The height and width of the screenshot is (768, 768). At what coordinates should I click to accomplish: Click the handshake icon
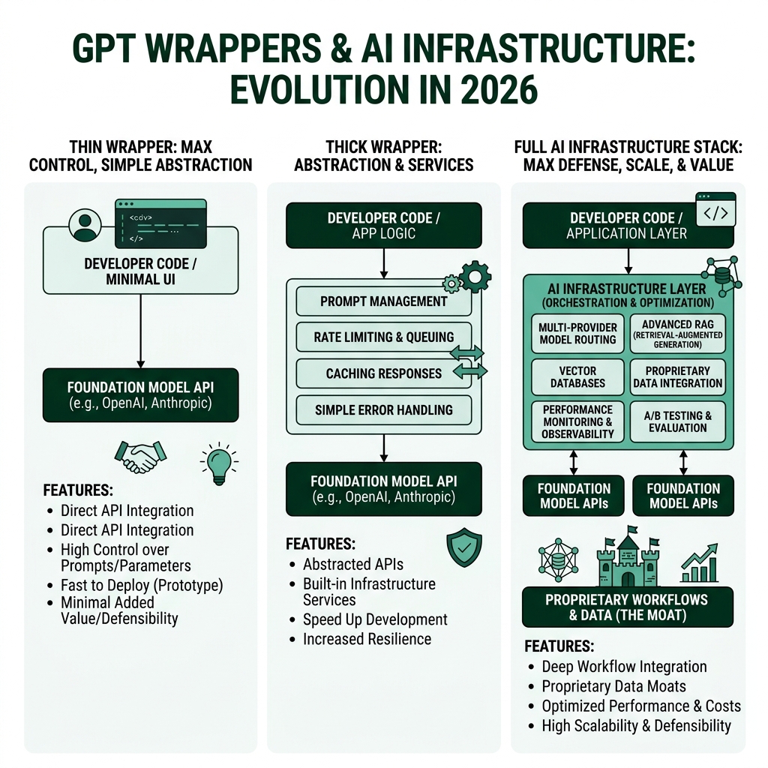(x=140, y=456)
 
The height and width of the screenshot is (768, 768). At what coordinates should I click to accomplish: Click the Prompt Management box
(x=383, y=301)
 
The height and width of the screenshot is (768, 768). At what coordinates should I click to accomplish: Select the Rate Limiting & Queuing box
(x=383, y=337)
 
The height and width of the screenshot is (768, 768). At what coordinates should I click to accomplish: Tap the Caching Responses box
(x=383, y=373)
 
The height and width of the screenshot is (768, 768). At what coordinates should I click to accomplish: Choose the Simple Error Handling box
(x=383, y=409)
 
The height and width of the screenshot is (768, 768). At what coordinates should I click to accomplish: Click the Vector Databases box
(x=577, y=376)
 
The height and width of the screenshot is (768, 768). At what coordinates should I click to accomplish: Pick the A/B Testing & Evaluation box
(x=677, y=421)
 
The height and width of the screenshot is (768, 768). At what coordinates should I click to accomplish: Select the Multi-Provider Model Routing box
(x=577, y=333)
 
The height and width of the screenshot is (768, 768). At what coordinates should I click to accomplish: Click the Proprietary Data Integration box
(x=677, y=376)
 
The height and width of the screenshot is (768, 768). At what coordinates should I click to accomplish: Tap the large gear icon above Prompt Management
(x=475, y=276)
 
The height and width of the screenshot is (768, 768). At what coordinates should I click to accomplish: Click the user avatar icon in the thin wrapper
(x=85, y=224)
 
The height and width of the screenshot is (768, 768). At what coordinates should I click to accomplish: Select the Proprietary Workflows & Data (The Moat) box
(x=627, y=607)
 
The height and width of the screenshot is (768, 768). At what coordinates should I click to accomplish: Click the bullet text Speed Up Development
(x=375, y=619)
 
